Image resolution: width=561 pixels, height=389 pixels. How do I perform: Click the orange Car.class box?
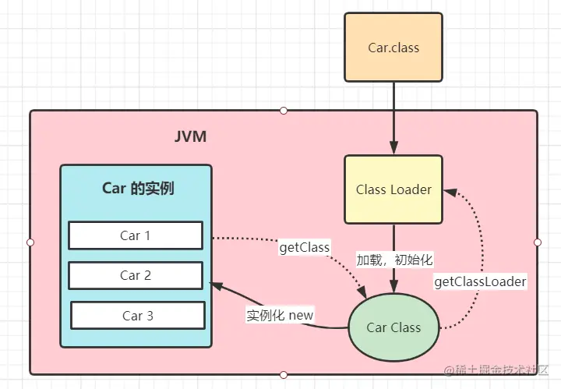(393, 47)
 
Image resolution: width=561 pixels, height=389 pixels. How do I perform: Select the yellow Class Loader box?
(393, 189)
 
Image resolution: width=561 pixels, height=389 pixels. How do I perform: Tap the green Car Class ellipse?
(393, 327)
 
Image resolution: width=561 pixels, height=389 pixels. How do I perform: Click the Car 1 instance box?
(136, 235)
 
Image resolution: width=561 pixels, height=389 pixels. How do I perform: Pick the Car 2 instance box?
(136, 275)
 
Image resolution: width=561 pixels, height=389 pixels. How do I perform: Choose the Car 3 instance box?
(138, 315)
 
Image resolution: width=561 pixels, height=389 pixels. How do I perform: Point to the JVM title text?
(190, 138)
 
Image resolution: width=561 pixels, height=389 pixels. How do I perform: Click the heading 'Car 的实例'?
(138, 188)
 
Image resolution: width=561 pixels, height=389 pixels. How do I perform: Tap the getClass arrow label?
(305, 247)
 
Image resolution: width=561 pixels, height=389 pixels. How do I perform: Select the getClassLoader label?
(480, 281)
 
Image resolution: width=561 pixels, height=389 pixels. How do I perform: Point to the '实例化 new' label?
(280, 315)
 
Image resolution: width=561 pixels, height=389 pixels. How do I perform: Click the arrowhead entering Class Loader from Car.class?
(393, 149)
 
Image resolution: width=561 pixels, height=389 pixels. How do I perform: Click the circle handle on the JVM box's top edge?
(284, 111)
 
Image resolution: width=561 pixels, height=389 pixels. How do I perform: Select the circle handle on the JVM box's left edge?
(30, 242)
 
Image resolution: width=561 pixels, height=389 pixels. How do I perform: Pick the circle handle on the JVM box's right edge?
(537, 242)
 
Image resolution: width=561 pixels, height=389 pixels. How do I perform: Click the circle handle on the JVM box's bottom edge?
(284, 375)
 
